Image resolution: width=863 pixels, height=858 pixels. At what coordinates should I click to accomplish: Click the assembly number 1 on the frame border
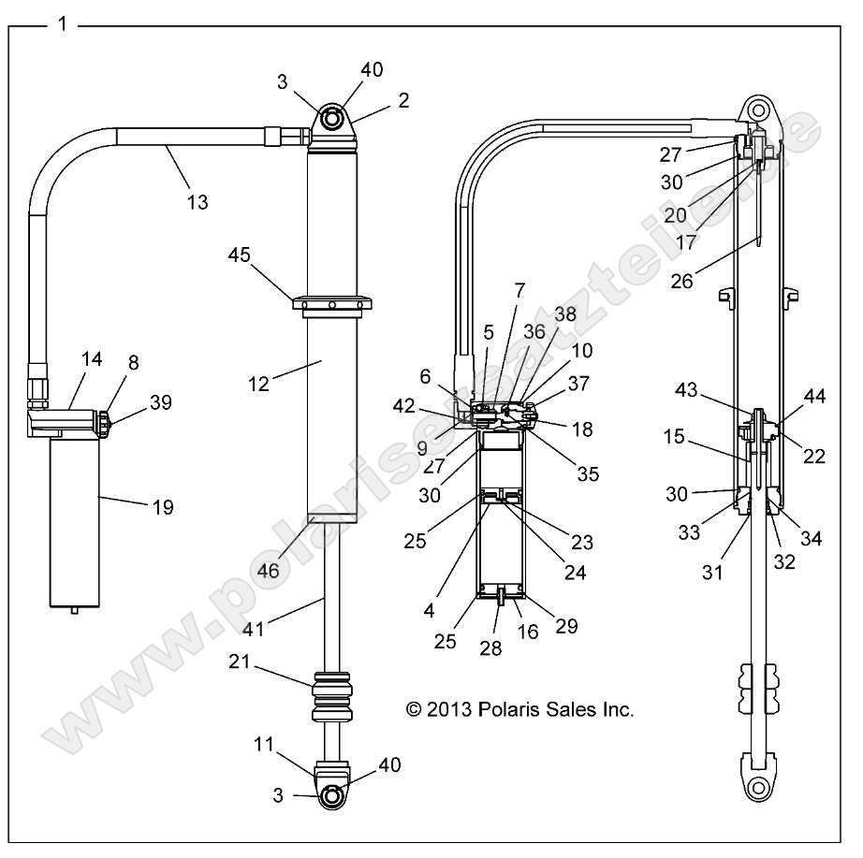[63, 23]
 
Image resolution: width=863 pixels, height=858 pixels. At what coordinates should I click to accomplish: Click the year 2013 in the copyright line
[454, 709]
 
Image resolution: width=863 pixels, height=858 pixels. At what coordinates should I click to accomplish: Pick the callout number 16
[528, 633]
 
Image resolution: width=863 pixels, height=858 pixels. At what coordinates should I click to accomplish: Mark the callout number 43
[687, 390]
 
